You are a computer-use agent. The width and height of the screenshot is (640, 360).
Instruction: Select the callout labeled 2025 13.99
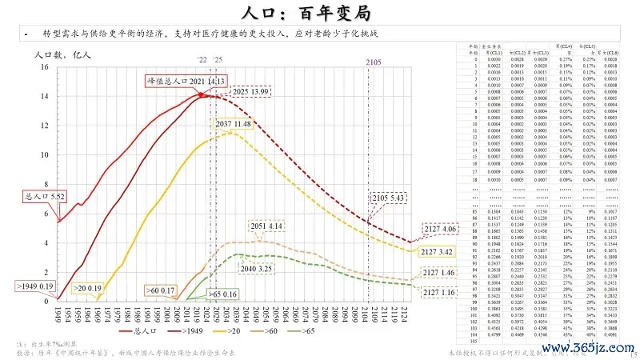pyautogui.click(x=250, y=93)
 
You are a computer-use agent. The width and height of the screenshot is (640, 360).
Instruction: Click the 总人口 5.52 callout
pyautogui.click(x=44, y=195)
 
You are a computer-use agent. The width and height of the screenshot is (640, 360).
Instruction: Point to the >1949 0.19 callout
pyautogui.click(x=34, y=286)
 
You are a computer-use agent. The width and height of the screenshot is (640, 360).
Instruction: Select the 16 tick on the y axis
pyautogui.click(x=45, y=67)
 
